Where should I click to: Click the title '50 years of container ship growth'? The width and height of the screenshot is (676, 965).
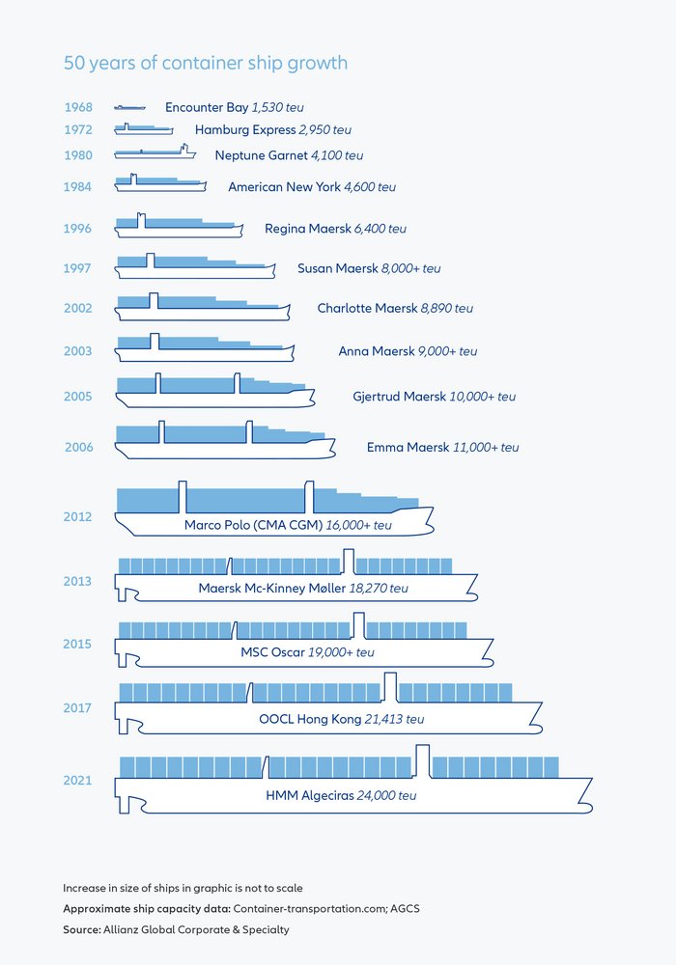pyautogui.click(x=205, y=64)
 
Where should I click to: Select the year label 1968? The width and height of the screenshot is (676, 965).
pyautogui.click(x=77, y=107)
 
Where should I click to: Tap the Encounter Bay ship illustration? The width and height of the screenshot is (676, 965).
pyautogui.click(x=129, y=107)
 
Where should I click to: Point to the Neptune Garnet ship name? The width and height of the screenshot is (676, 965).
pyautogui.click(x=261, y=155)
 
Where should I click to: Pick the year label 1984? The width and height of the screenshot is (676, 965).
pyautogui.click(x=77, y=186)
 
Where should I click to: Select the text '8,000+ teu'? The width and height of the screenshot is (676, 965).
pyautogui.click(x=410, y=268)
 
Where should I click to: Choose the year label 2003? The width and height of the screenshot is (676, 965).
pyautogui.click(x=77, y=351)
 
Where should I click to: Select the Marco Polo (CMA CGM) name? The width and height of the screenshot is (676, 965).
pyautogui.click(x=251, y=525)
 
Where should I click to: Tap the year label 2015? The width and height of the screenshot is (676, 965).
pyautogui.click(x=77, y=644)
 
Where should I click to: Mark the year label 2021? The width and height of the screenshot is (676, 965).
pyautogui.click(x=77, y=780)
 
